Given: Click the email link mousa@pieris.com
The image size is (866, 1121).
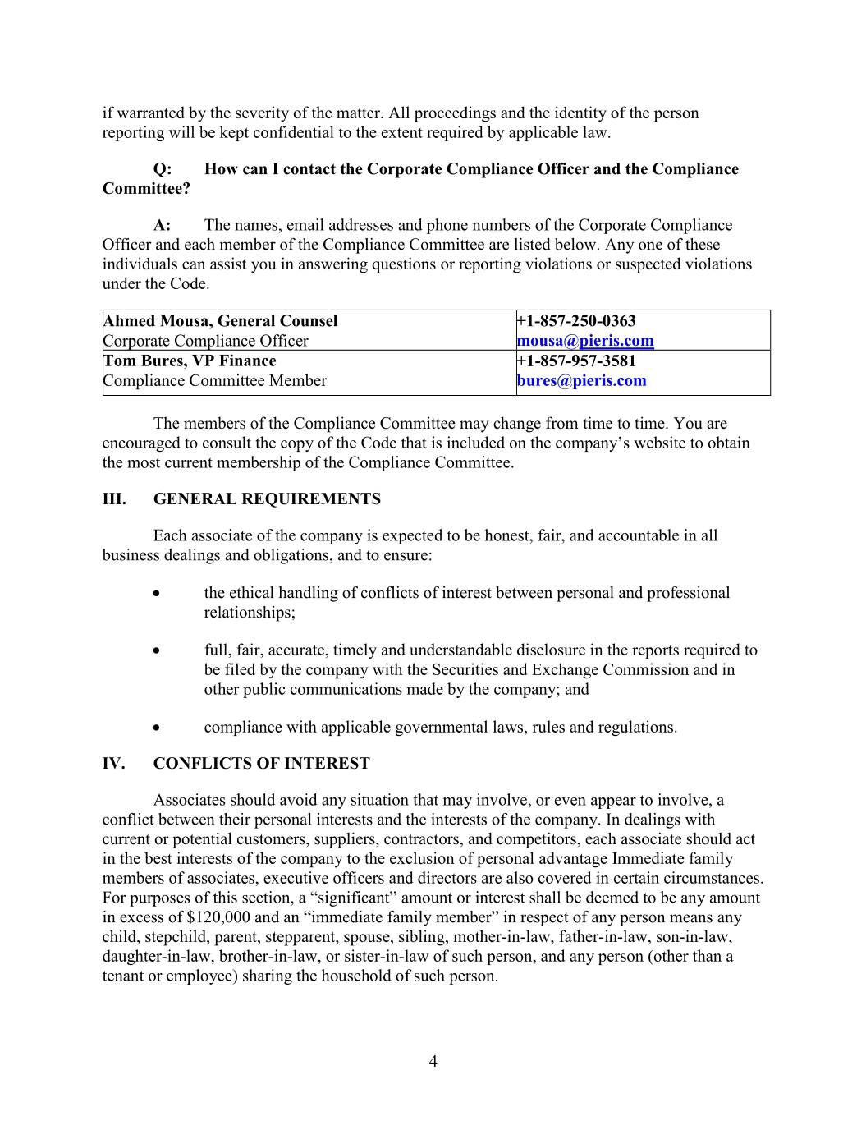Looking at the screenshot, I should pos(585,341).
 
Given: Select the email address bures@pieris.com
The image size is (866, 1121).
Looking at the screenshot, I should pos(581,380).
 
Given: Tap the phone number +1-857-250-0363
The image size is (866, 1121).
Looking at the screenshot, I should pos(576,321).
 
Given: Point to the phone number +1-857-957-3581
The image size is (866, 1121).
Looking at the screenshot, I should pos(576,361).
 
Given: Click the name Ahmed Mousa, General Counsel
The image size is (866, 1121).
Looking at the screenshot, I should pos(220,321).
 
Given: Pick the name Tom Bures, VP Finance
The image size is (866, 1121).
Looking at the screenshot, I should pos(190,361).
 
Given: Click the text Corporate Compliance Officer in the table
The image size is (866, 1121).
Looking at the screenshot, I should pos(206,341).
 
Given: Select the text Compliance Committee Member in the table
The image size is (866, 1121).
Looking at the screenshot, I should pos(215,380).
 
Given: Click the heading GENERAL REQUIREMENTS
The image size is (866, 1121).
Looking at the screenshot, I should pos(267,499).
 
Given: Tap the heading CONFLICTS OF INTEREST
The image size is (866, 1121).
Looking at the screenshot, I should pos(261,764).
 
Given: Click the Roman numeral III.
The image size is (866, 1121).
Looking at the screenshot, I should pos(113,499).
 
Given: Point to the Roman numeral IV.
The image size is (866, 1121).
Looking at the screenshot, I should pos(113,764).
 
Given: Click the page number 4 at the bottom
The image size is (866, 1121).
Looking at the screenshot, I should pos(433,1061).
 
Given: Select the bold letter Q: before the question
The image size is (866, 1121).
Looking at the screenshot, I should pos(163,169).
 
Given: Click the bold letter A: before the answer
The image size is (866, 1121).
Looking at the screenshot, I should pos(163,225).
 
